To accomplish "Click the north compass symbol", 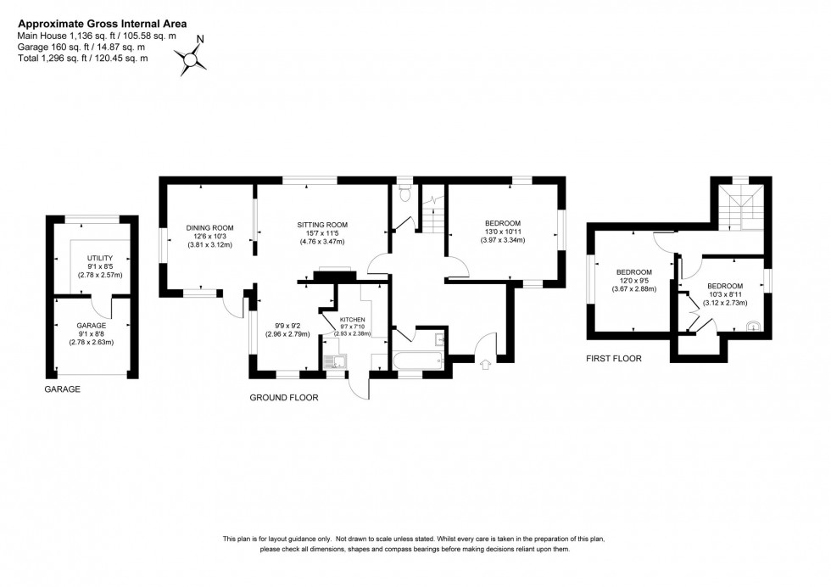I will pos(193,56).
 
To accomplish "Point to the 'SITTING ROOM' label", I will pos(322,225).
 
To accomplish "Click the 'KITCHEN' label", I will pos(352,319).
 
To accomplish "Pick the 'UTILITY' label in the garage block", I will pos(100,257).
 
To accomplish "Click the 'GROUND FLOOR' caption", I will pos(283,397).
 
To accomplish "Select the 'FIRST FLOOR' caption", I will pos(613,359).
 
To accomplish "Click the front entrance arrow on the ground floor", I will pos(485,366).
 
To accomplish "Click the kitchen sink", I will pos(336,362).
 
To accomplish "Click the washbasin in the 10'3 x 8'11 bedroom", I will pos(752,324).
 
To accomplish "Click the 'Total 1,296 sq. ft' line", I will pos(82,58).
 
